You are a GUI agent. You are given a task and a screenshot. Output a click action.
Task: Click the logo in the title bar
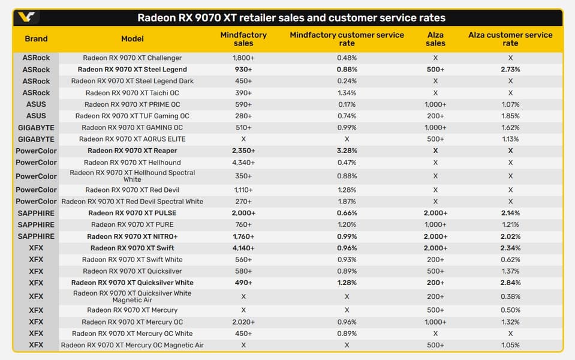pyautogui.click(x=26, y=17)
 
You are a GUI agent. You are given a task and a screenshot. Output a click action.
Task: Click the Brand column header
pyautogui.click(x=36, y=38)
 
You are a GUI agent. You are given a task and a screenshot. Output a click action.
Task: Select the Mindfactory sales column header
pyautogui.click(x=243, y=39)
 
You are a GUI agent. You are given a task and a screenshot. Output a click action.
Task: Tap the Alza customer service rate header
pyautogui.click(x=510, y=39)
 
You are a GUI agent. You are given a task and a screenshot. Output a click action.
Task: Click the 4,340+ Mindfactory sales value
pyautogui.click(x=243, y=163)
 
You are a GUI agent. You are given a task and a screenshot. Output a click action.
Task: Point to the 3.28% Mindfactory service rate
pyautogui.click(x=347, y=151)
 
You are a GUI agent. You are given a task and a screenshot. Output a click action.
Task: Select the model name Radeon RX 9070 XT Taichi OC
pyautogui.click(x=133, y=93)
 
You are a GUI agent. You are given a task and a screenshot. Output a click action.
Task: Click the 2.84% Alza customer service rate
pyautogui.click(x=510, y=283)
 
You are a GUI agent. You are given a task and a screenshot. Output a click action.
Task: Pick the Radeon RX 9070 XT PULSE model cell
pyautogui.click(x=133, y=213)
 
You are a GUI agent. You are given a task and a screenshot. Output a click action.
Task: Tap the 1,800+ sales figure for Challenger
pyautogui.click(x=243, y=58)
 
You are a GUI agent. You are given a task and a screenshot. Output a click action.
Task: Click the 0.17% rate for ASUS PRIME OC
pyautogui.click(x=347, y=104)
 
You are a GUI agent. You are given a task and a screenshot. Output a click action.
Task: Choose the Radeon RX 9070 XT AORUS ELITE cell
pyautogui.click(x=133, y=139)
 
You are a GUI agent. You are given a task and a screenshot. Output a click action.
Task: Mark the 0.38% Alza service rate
pyautogui.click(x=510, y=296)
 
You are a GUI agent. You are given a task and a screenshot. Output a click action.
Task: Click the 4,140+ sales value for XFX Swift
pyautogui.click(x=243, y=248)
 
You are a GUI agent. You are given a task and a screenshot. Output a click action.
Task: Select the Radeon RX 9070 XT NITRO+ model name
pyautogui.click(x=133, y=236)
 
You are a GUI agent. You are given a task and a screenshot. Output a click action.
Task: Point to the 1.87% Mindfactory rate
pyautogui.click(x=347, y=202)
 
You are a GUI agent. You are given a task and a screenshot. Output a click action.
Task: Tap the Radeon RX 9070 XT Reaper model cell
pyautogui.click(x=133, y=151)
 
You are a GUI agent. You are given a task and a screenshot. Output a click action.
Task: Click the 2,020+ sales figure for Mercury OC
pyautogui.click(x=243, y=322)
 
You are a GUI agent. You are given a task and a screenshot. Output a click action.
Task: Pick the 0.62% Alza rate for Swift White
pyautogui.click(x=510, y=259)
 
